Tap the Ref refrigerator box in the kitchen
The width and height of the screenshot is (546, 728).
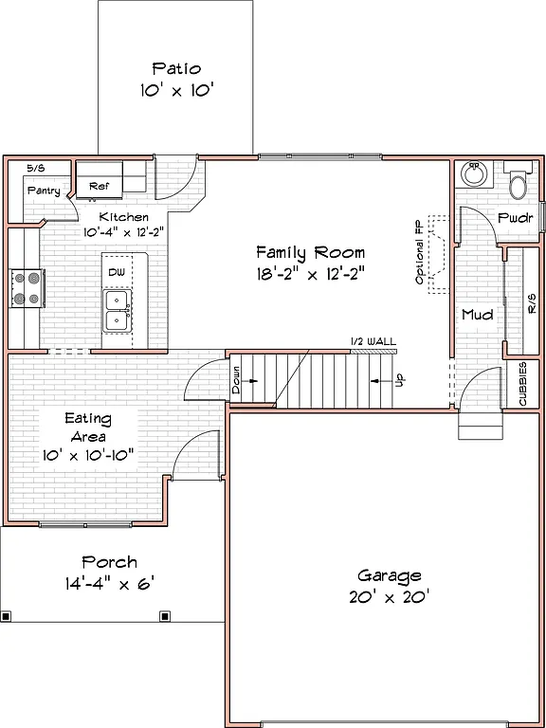(99, 187)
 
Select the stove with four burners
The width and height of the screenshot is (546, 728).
(26, 289)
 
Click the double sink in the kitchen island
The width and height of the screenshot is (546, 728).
(118, 311)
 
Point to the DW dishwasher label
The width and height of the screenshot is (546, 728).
(117, 272)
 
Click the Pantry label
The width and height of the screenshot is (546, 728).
(43, 191)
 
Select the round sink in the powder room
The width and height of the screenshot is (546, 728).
(472, 176)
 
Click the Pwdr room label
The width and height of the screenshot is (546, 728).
(517, 218)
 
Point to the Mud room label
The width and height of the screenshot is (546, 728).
(477, 314)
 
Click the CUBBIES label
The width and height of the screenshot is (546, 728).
(524, 384)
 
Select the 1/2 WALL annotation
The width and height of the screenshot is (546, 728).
(373, 341)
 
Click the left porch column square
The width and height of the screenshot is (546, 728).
(7, 616)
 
